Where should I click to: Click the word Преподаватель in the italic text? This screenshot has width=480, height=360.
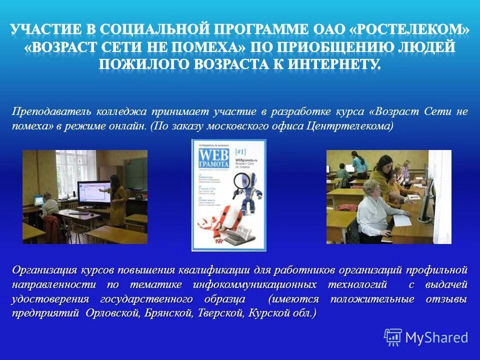click(x=47, y=111)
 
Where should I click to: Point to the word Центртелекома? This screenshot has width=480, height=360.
click(x=350, y=126)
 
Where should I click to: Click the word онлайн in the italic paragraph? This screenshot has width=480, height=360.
click(x=131, y=126)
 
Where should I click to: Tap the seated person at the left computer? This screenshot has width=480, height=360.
click(x=50, y=210)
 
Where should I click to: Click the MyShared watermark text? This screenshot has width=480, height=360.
click(x=436, y=337)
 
